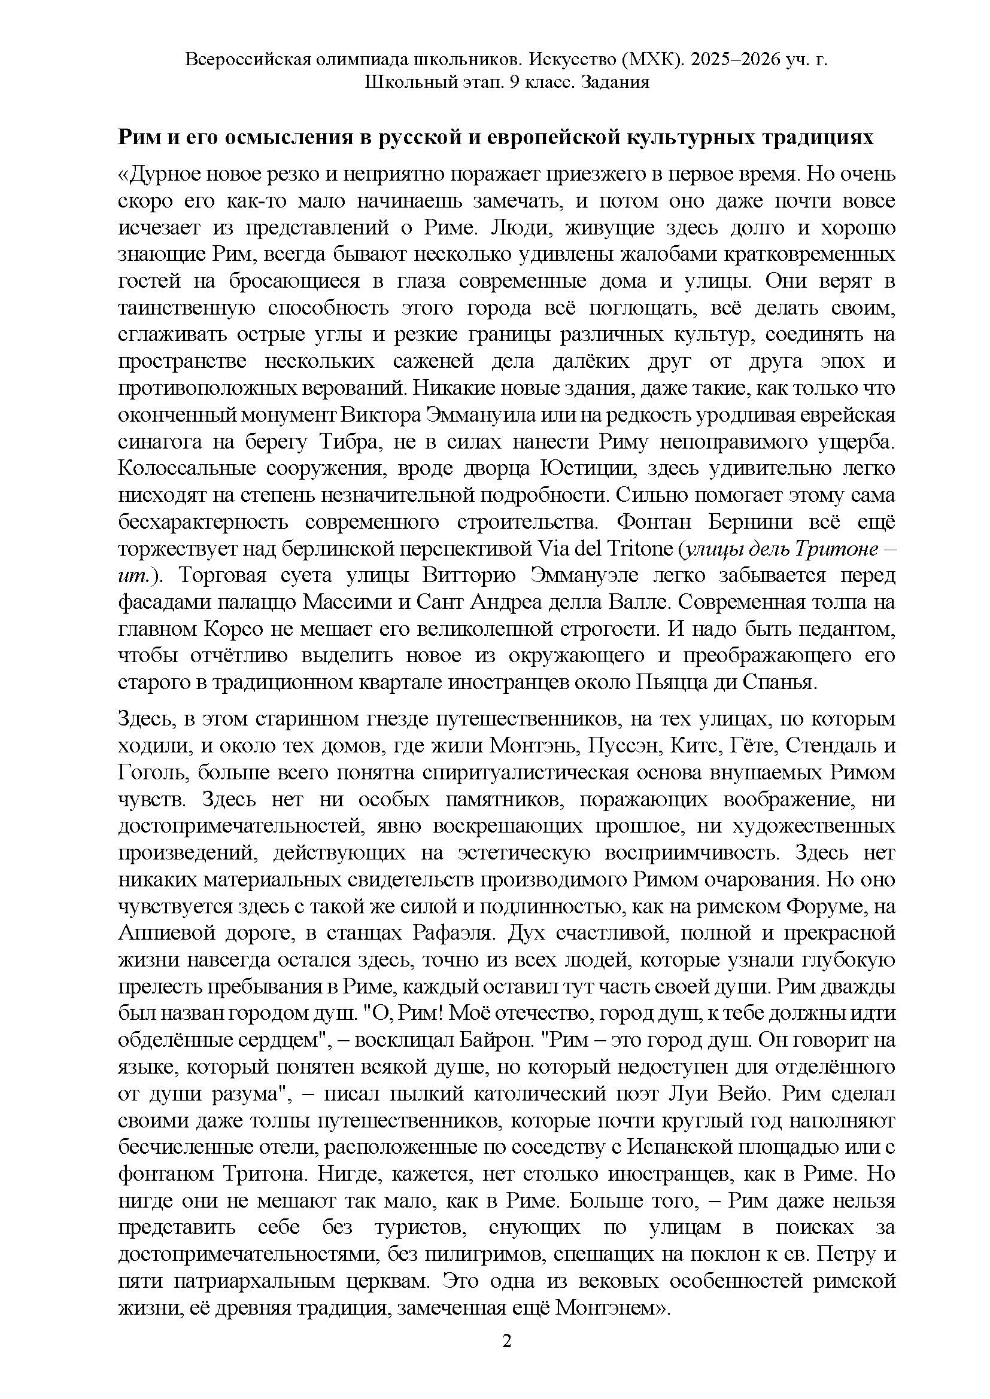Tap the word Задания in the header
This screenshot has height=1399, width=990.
coord(615,82)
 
